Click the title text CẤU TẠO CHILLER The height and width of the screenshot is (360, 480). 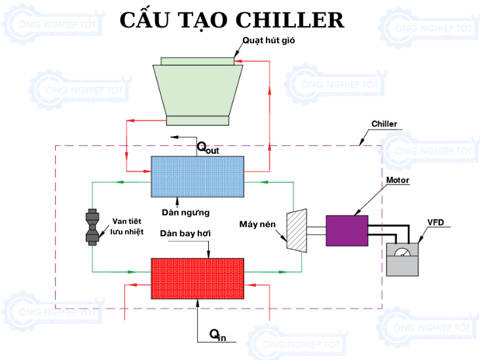[232, 20]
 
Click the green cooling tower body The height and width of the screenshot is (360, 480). [197, 89]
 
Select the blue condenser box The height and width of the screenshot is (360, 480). [197, 176]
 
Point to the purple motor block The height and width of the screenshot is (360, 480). [346, 230]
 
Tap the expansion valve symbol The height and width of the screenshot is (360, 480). [92, 227]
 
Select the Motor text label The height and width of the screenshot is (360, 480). [398, 180]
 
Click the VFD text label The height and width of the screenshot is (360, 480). [435, 223]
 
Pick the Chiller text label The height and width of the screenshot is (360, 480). [384, 124]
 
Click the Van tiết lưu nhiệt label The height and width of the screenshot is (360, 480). [126, 226]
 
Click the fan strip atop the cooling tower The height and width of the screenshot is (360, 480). [197, 61]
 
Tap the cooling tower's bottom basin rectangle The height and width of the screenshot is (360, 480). [197, 120]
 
